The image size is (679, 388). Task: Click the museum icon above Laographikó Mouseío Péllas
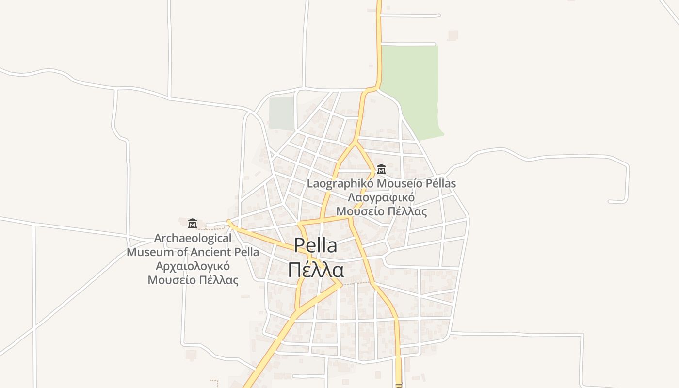381,169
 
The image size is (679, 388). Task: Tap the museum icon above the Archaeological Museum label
193,223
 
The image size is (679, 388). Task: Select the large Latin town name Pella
315,245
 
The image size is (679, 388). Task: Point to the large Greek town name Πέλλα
316,270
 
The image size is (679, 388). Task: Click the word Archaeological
193,239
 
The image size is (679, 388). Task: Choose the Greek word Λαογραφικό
381,197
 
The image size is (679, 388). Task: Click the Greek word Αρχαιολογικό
193,266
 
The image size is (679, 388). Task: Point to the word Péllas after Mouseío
441,184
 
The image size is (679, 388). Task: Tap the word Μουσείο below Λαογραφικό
360,211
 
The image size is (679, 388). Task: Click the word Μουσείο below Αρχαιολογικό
172,280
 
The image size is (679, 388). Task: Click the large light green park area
410,87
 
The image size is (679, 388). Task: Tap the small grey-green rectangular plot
281,113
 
